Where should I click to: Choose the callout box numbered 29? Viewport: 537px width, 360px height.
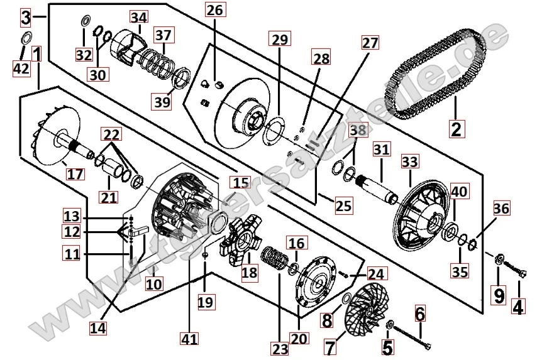tap(279, 40)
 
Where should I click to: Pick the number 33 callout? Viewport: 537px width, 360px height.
tap(409, 162)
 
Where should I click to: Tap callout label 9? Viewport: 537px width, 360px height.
tap(499, 293)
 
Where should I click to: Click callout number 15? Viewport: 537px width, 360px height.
tap(240, 183)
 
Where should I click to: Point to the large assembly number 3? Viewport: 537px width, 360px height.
tap(25, 17)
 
